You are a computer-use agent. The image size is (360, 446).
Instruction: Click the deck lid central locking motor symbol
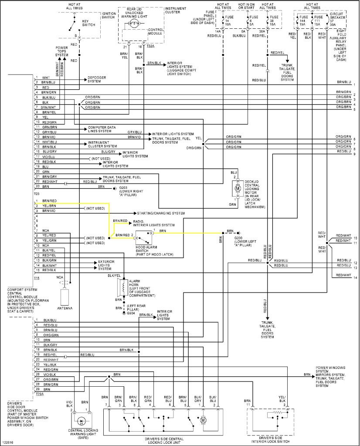(237, 188)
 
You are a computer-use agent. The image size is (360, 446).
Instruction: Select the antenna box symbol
(65, 297)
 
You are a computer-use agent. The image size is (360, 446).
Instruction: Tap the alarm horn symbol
(123, 288)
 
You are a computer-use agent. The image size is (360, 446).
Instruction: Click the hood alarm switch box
(144, 238)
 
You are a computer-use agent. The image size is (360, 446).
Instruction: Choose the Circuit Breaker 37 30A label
(337, 19)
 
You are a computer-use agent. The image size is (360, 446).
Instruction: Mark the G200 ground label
(245, 242)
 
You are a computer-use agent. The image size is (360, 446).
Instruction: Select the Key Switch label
(88, 23)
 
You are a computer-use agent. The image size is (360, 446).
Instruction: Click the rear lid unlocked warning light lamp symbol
(134, 24)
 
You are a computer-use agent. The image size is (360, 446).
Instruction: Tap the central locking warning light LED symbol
(82, 421)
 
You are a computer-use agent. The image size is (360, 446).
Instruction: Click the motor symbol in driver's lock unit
(203, 420)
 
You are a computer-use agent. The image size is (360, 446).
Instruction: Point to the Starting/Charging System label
(161, 213)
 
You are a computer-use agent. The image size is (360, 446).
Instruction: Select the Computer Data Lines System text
(102, 129)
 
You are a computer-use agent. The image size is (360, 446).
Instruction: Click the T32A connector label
(150, 46)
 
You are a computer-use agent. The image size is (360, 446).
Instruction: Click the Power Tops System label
(62, 51)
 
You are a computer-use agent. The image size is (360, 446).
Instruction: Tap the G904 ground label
(131, 313)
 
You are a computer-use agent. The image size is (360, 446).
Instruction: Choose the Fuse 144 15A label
(304, 21)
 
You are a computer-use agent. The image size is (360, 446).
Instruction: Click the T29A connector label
(40, 394)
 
